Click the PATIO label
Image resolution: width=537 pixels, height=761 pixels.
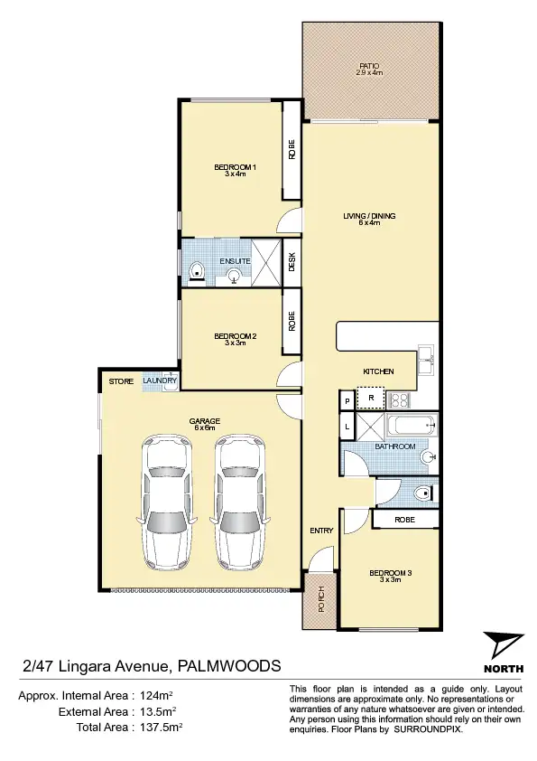tap(369, 66)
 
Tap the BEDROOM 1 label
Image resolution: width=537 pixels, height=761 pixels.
tap(236, 167)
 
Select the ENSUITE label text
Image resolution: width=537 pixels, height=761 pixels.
tap(234, 261)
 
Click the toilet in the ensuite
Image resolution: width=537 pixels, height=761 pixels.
tap(197, 268)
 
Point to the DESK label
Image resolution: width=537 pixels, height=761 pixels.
tap(292, 263)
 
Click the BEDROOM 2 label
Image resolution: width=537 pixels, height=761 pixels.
tap(236, 337)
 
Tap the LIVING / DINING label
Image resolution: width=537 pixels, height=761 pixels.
tap(369, 216)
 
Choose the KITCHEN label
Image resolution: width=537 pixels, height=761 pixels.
tap(379, 371)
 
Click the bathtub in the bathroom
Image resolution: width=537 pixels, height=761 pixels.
tap(411, 426)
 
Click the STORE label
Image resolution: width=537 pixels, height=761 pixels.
tap(121, 382)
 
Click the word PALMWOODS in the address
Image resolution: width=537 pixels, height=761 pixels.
tap(229, 667)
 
